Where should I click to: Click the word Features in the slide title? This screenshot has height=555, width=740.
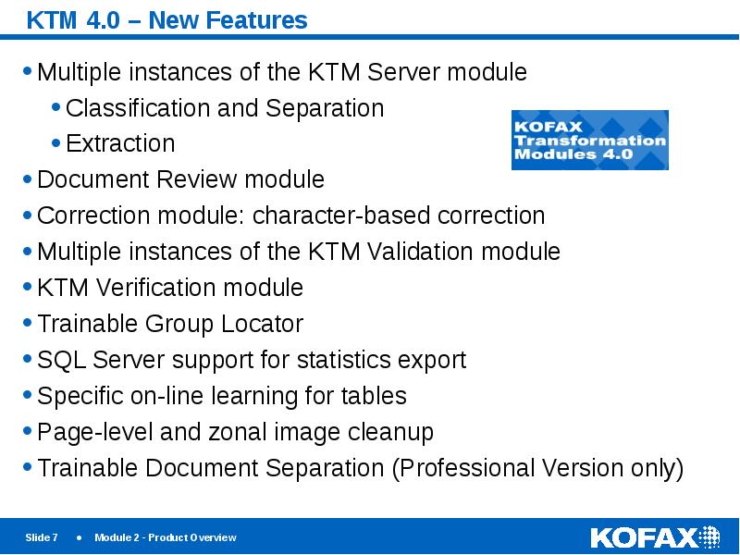click(257, 20)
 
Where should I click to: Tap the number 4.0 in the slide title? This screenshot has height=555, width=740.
click(104, 20)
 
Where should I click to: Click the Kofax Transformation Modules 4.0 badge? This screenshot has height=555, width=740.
click(590, 140)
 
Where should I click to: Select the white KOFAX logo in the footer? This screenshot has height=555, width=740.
click(655, 537)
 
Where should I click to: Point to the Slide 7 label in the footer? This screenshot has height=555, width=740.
click(42, 537)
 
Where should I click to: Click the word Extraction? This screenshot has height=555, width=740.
click(120, 143)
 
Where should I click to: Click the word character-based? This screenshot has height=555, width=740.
click(341, 216)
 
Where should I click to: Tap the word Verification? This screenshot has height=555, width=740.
click(155, 288)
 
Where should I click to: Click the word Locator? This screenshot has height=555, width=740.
click(262, 323)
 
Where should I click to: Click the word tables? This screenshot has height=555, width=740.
click(374, 396)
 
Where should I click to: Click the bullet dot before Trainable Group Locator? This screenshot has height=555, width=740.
click(28, 323)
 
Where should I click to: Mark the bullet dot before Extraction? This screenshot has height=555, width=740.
click(56, 142)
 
